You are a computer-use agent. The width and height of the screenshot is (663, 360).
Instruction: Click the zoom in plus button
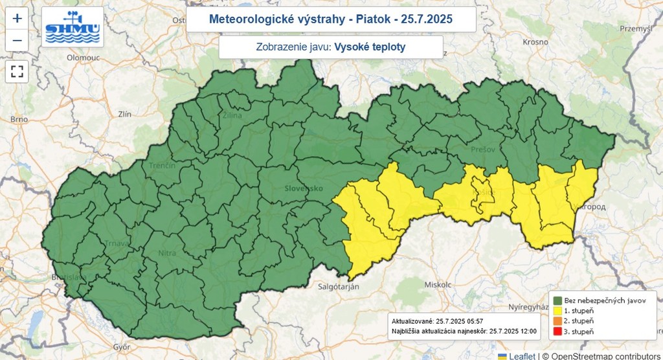[17, 18]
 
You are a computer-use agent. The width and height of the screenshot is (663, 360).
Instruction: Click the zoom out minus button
[17, 40]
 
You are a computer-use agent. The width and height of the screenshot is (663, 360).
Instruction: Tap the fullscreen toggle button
[17, 71]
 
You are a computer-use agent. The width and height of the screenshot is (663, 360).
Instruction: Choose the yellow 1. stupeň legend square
[557, 311]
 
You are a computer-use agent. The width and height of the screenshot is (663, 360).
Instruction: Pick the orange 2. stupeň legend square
[557, 321]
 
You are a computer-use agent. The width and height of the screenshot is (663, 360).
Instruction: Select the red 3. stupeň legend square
[557, 332]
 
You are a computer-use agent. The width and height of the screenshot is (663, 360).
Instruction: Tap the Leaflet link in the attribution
[521, 355]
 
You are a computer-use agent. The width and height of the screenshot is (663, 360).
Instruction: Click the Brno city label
[19, 119]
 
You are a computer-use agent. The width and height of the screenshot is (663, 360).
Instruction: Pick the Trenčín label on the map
[162, 166]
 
